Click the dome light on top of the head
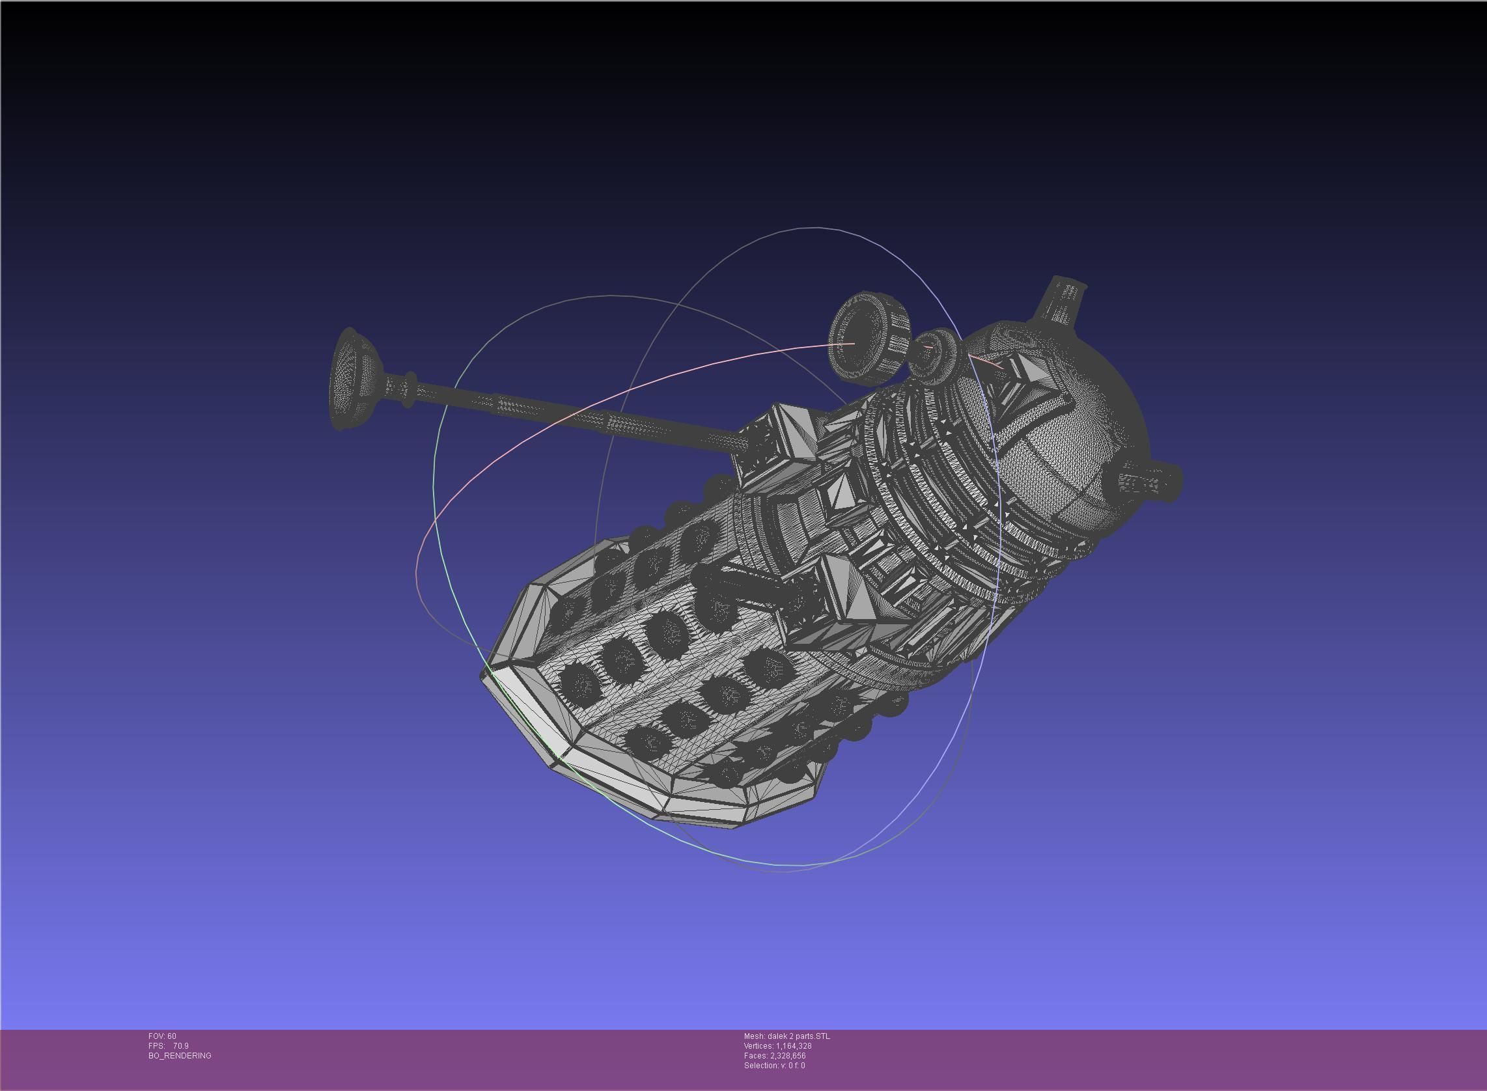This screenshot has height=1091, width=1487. click(x=1063, y=301)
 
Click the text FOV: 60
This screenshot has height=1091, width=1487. click(x=162, y=1036)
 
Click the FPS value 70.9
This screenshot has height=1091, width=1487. click(x=180, y=1046)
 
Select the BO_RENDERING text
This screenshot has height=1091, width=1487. click(x=180, y=1056)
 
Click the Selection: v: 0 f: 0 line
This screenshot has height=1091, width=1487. click(x=774, y=1066)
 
